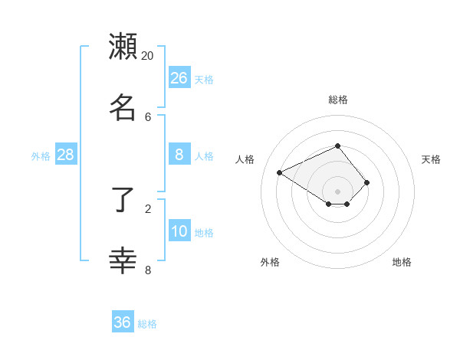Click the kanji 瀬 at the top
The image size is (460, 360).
123,46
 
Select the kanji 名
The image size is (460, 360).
123,106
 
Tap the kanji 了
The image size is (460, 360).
123,201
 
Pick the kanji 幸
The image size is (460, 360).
123,260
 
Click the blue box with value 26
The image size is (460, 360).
179,77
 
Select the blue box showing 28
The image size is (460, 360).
66,155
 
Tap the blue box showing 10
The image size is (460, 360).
179,231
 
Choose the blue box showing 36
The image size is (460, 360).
123,322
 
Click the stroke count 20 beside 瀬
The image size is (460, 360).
148,56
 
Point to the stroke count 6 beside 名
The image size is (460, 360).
148,116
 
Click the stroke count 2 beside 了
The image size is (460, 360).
148,208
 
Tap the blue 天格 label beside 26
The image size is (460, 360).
204,79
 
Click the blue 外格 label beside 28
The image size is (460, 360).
41,156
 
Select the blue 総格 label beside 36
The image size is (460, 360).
147,324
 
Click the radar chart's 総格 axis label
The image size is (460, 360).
338,100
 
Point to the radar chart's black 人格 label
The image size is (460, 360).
245,159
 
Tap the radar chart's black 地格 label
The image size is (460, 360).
402,262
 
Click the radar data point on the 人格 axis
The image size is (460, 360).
280,172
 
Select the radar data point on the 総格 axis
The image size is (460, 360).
337,146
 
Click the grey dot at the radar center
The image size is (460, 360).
337,191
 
